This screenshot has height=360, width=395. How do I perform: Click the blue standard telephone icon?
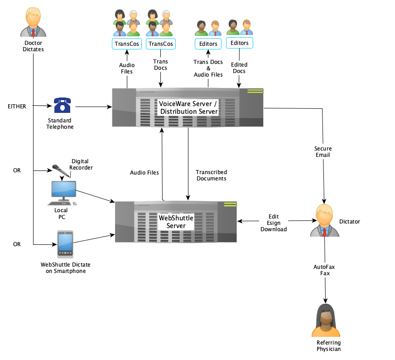(x=63, y=105)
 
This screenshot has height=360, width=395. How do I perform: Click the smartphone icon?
(x=65, y=244)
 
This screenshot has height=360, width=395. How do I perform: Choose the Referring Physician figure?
(x=326, y=320)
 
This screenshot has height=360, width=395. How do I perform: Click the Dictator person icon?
(x=324, y=220)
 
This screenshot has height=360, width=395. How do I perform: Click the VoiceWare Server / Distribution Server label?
(x=188, y=107)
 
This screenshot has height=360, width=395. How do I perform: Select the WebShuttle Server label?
(x=176, y=222)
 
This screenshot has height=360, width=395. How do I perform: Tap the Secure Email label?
(x=323, y=152)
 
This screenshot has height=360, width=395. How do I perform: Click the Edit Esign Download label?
(x=274, y=223)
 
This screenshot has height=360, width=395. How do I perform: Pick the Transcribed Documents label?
(x=211, y=175)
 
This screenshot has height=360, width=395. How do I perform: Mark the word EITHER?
(x=17, y=107)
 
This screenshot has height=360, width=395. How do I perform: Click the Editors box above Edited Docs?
(x=239, y=43)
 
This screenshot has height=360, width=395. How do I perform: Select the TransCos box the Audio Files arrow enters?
(x=126, y=44)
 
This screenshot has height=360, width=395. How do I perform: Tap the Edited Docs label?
(x=239, y=68)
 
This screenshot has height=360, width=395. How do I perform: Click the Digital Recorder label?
(x=81, y=164)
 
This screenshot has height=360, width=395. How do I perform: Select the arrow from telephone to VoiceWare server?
(x=93, y=107)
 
